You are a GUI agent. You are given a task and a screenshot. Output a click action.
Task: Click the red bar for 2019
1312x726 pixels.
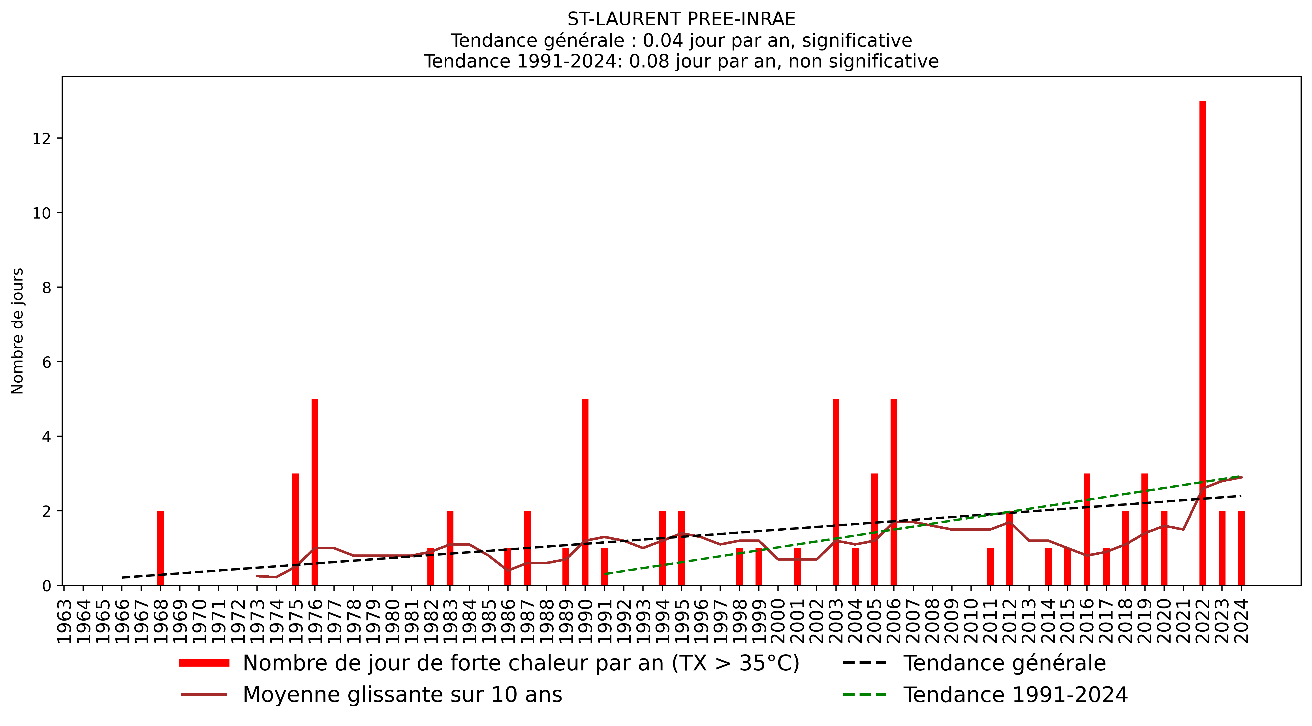(1145, 530)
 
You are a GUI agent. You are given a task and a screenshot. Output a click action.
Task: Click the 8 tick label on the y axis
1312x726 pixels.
(47, 288)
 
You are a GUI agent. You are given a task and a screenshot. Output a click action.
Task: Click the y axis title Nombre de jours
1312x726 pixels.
(18, 331)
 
